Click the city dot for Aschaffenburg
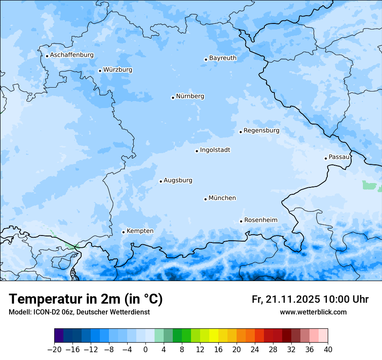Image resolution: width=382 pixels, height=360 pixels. pos(47,56)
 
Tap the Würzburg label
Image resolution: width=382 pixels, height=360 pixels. pos(118,70)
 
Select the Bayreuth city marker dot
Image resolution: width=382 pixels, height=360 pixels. pos(206,59)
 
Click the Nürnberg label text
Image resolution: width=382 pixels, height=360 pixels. pos(190,96)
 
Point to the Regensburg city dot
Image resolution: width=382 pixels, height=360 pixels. pos(240,132)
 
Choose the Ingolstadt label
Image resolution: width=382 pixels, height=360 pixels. pos(215,150)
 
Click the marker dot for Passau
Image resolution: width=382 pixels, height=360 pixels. pos(326,158)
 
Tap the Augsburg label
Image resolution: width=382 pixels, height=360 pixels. pos(178,180)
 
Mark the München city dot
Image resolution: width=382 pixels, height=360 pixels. pos(205,199)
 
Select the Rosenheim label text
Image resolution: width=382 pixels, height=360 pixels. pos(260,220)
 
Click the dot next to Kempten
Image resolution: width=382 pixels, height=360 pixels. pos(123,232)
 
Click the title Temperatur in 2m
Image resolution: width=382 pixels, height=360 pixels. pos(86,299)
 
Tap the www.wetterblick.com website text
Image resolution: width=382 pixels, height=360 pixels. pos(313,312)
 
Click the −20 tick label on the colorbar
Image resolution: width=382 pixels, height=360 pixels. pos(54,350)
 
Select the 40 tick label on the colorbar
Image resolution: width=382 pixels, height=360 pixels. pos(328,350)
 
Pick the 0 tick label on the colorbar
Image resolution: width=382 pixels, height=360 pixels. pos(145,350)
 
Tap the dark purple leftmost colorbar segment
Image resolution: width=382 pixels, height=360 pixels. pos(59,336)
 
